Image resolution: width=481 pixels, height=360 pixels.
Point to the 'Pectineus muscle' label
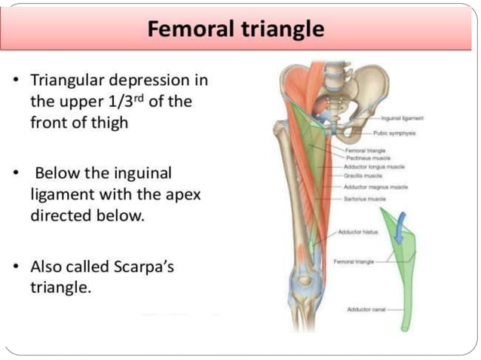[x=366, y=159]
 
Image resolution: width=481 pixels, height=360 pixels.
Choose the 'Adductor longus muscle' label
[x=375, y=166]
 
